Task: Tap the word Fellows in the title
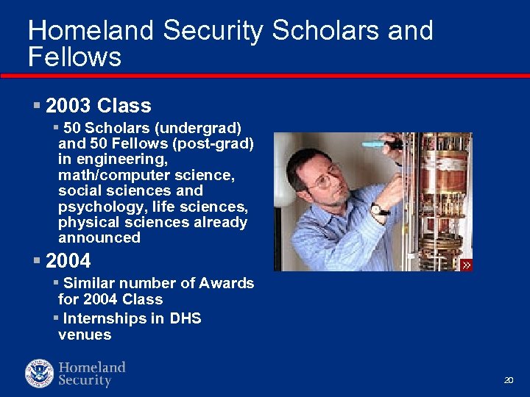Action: coord(74,57)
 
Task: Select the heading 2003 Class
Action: coord(98,106)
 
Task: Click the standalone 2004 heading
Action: coord(68,261)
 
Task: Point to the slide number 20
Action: coord(508,380)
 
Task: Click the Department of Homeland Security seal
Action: coord(40,373)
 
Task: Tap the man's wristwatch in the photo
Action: coord(379,210)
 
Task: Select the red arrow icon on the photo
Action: coord(466,265)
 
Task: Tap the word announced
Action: coord(99,237)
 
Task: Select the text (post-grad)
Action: coord(218,143)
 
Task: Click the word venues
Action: coord(85,335)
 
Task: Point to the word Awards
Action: coord(227,283)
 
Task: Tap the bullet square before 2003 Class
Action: coord(37,106)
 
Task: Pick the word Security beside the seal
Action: coord(85,381)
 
